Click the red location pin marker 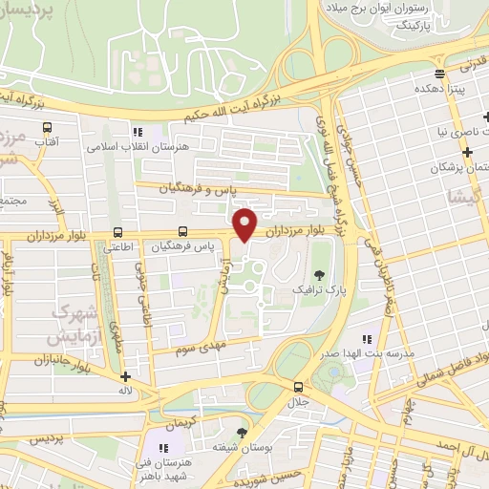tap(245, 223)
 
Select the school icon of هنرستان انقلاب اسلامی tap(138, 133)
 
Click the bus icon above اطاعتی tap(117, 232)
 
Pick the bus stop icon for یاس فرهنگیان tap(182, 232)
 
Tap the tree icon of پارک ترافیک tap(317, 273)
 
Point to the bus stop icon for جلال tap(299, 387)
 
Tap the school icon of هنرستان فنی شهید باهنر tap(163, 447)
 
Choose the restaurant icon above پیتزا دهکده tap(438, 73)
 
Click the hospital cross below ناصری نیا tap(467, 152)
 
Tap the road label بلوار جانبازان tap(34, 361)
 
